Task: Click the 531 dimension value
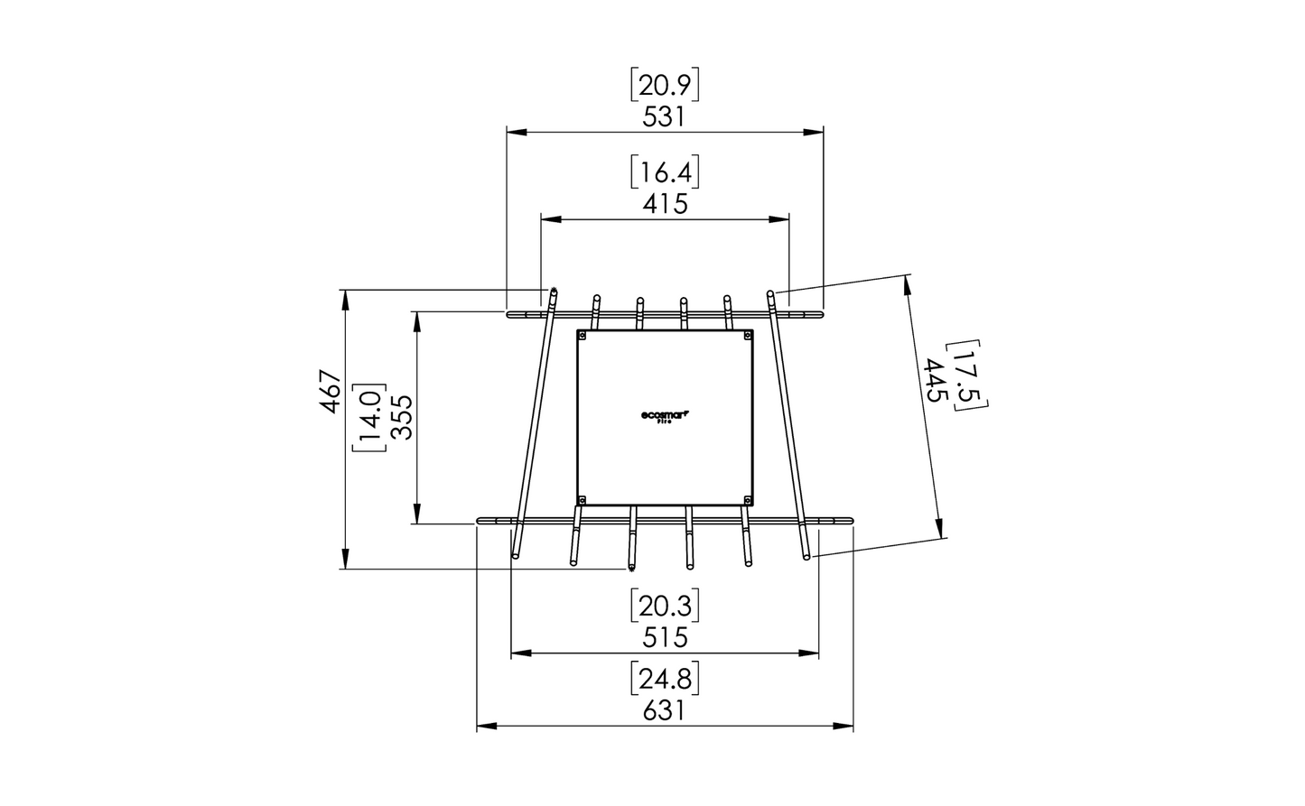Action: pyautogui.click(x=664, y=117)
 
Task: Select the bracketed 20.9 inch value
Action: pyautogui.click(x=665, y=86)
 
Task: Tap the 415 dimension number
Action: pyautogui.click(x=665, y=204)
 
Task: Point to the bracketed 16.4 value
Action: pyautogui.click(x=665, y=172)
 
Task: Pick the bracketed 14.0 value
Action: pyautogui.click(x=370, y=417)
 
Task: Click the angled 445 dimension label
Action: pyautogui.click(x=936, y=381)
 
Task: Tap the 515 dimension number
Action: pyautogui.click(x=665, y=637)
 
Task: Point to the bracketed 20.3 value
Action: pyautogui.click(x=665, y=606)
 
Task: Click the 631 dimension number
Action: pyautogui.click(x=665, y=710)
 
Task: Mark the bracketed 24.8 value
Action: pyautogui.click(x=665, y=679)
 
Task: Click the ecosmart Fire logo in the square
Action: pyautogui.click(x=665, y=417)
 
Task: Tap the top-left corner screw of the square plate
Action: pyautogui.click(x=583, y=336)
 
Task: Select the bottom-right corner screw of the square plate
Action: pyautogui.click(x=747, y=499)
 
